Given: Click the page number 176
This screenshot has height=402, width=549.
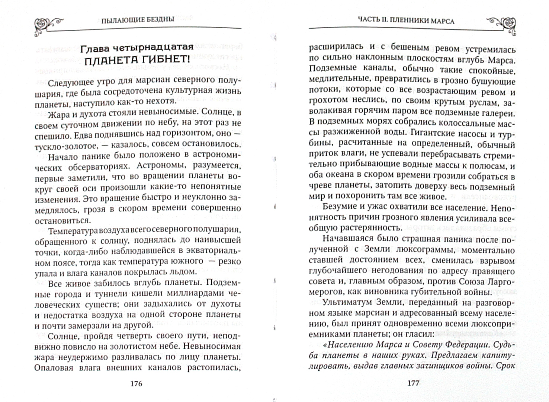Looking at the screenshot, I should pos(137,383).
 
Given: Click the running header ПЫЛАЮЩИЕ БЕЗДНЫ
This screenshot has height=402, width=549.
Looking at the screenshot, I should pos(138,20).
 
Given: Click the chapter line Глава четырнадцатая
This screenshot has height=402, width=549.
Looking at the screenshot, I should pos(137,47).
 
